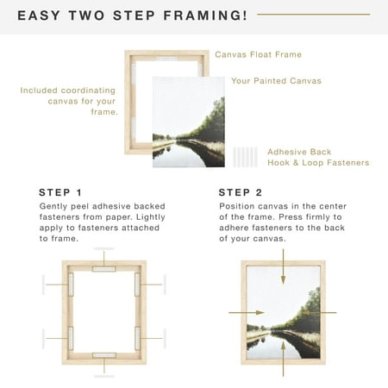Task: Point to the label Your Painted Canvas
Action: click(275, 81)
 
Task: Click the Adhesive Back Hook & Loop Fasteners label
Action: click(316, 156)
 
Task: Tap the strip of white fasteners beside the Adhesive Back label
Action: click(246, 156)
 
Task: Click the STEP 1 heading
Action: click(61, 192)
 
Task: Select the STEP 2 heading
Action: click(241, 192)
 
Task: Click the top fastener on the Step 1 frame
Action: click(104, 267)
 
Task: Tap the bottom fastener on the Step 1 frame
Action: click(104, 354)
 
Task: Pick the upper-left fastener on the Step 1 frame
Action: click(72, 285)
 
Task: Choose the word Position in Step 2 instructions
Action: click(239, 207)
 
